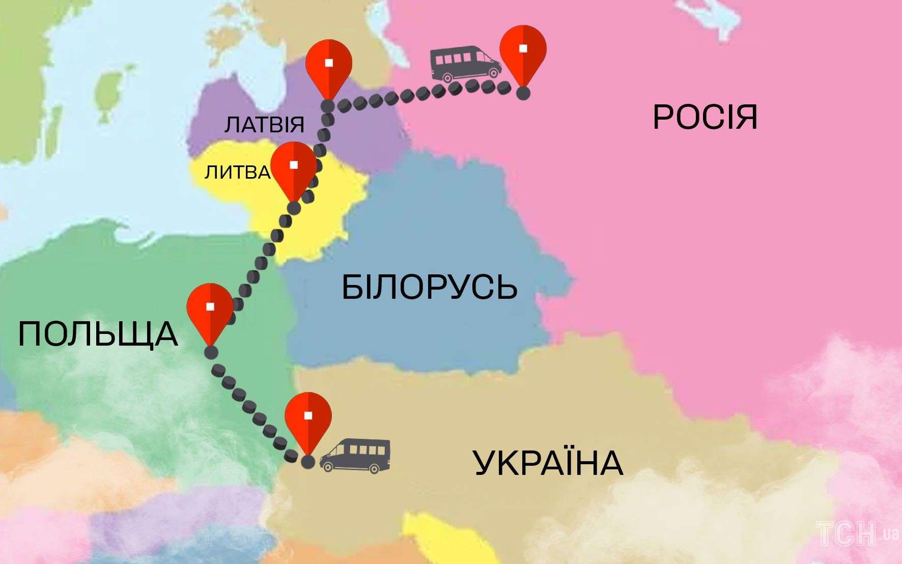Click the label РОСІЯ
coord(705,117)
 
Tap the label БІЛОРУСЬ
coord(429,287)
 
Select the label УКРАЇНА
coord(548,463)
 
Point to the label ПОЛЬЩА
coord(98,334)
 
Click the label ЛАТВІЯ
coord(264,124)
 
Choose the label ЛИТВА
coord(237,173)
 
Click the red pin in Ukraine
coord(308,417)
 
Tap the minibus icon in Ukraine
coord(355,456)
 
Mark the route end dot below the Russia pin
coord(523,93)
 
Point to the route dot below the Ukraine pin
coord(307,462)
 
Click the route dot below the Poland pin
coord(210,352)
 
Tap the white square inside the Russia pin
coord(523,48)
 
